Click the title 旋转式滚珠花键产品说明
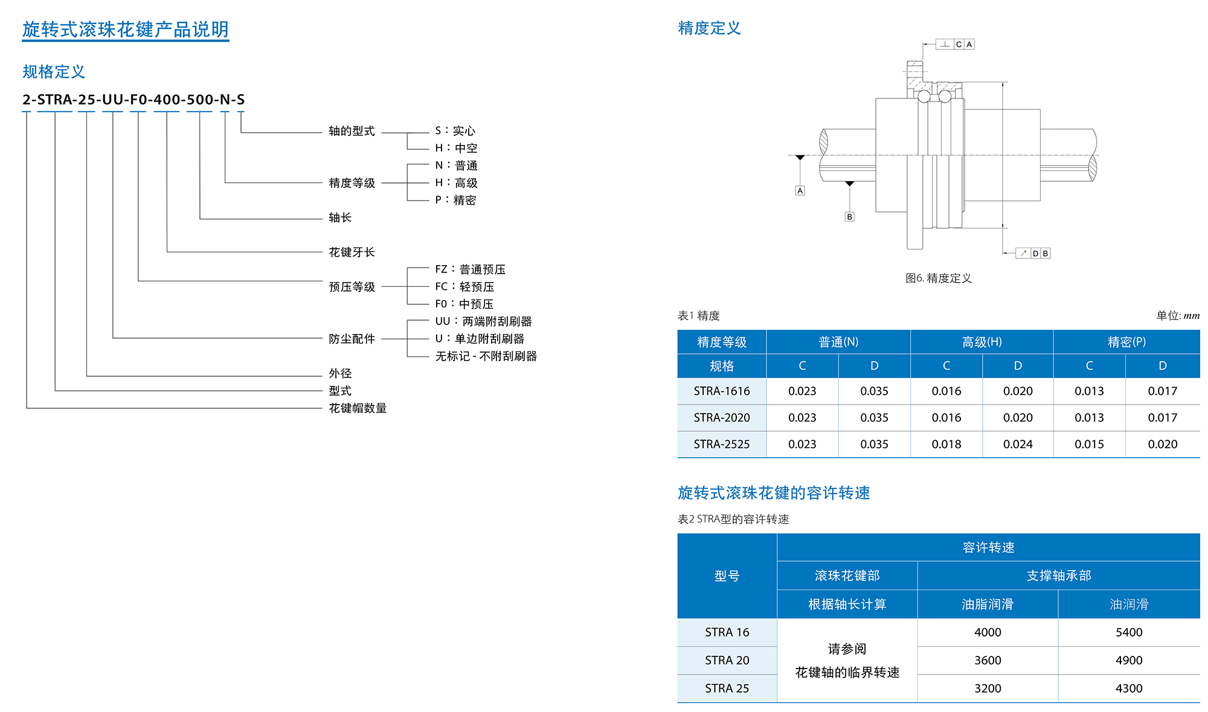tap(126, 30)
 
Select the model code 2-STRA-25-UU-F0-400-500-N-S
tap(133, 100)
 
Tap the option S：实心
tap(455, 131)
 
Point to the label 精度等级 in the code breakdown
tap(352, 183)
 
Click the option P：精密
tap(455, 200)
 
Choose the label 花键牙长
tap(352, 252)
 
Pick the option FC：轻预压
tap(464, 287)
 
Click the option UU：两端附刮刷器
tap(483, 321)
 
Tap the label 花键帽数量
tap(358, 408)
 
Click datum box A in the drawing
tap(800, 191)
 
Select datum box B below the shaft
tap(850, 217)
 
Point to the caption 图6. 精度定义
tap(939, 278)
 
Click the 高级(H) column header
tap(982, 342)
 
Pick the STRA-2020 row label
tap(722, 418)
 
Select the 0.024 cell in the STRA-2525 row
tap(1018, 444)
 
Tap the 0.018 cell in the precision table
tap(946, 444)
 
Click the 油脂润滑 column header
tap(988, 605)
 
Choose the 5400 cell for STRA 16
tap(1129, 632)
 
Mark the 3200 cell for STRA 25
tap(988, 688)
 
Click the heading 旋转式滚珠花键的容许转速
tap(774, 493)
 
